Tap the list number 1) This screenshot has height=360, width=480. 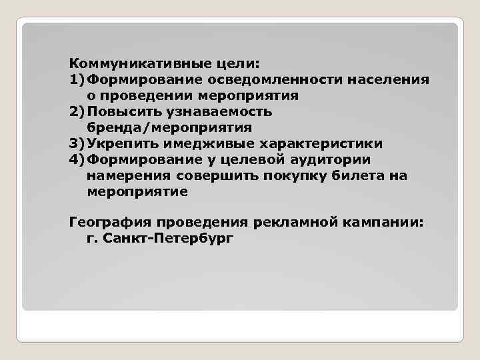(77, 80)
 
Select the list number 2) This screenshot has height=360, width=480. (77, 112)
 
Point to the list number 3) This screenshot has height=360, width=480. (77, 144)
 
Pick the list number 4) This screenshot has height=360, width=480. (77, 160)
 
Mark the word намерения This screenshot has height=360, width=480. (129, 176)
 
